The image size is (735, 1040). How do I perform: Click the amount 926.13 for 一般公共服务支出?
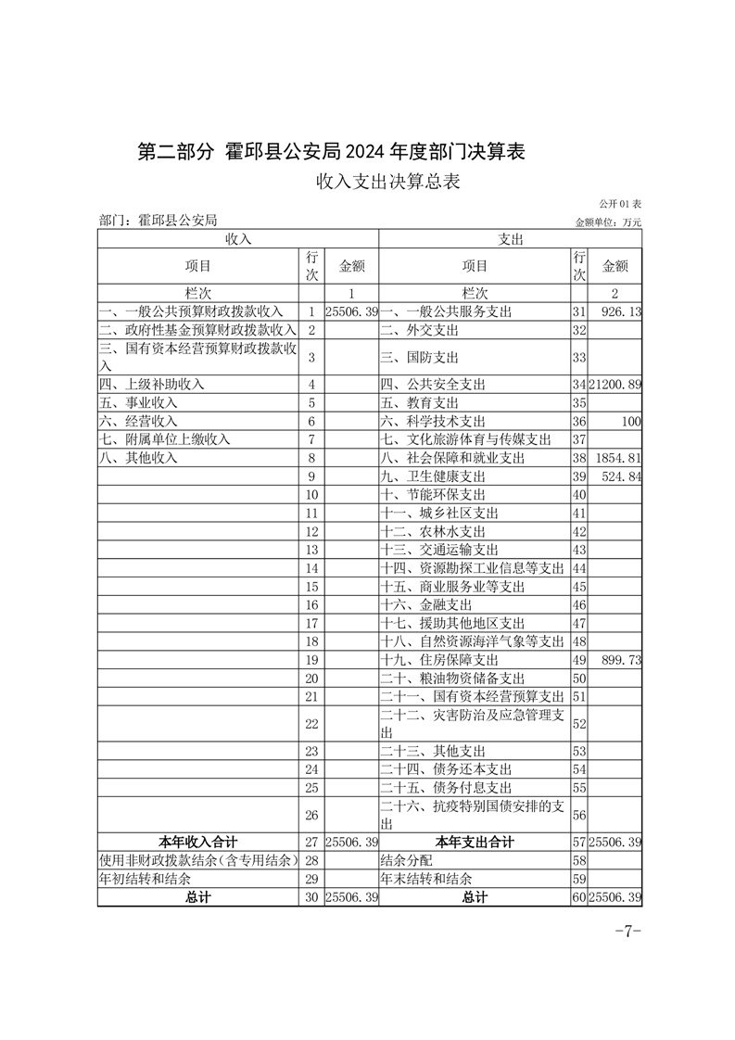click(x=621, y=312)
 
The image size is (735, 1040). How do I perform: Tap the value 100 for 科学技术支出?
click(x=631, y=421)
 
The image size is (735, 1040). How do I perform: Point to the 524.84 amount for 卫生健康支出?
click(x=622, y=476)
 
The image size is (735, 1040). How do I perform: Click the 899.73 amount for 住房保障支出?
click(x=622, y=660)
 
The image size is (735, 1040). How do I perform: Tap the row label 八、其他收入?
click(x=138, y=458)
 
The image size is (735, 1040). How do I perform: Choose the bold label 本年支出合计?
click(x=475, y=843)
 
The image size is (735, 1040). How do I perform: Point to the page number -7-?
click(x=628, y=932)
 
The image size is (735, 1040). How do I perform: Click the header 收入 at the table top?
click(x=238, y=239)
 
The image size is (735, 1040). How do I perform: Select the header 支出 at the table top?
click(x=511, y=239)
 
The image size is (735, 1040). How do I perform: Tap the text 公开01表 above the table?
click(x=620, y=203)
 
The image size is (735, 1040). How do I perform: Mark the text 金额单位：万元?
click(x=608, y=222)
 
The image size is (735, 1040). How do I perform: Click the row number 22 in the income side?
click(x=311, y=723)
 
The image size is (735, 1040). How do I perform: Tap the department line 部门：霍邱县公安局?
click(x=158, y=221)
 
